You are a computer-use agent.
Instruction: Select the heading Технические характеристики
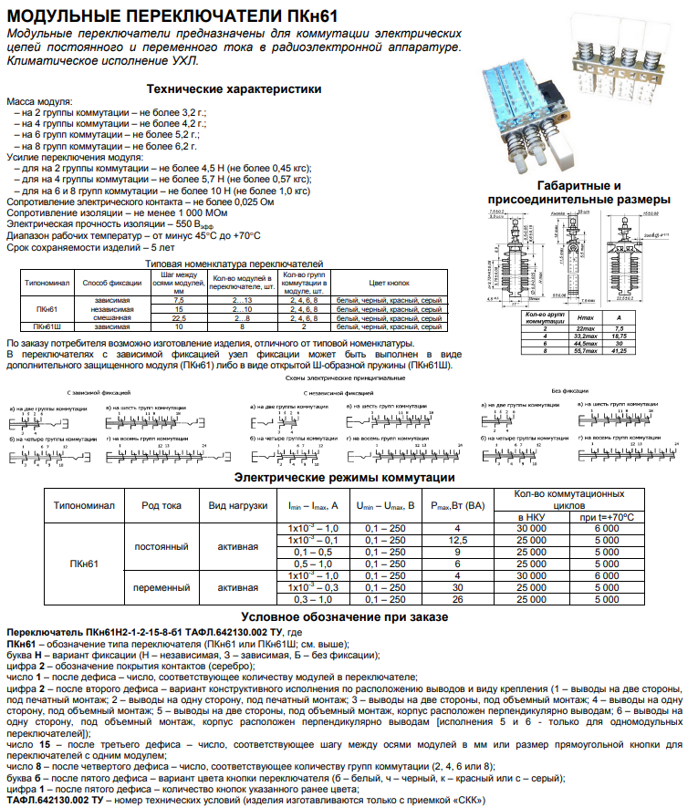pyautogui.click(x=234, y=89)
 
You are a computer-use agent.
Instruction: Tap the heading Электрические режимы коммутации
pyautogui.click(x=345, y=478)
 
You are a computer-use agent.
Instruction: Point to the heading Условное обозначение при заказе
pyautogui.click(x=344, y=617)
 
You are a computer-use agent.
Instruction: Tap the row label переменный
pyautogui.click(x=161, y=587)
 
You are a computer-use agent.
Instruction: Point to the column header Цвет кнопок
pyautogui.click(x=389, y=284)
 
